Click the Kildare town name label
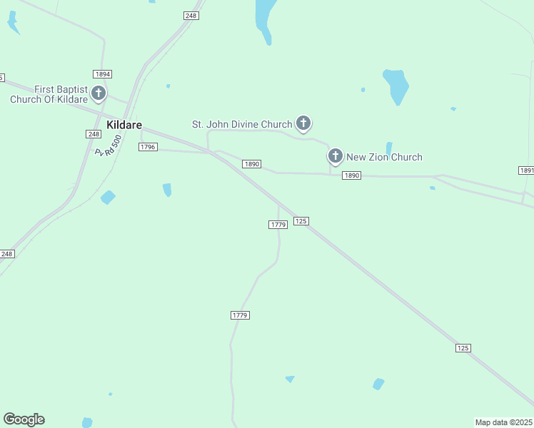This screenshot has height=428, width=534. pos(124,125)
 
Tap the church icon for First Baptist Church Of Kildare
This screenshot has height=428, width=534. pos(98,93)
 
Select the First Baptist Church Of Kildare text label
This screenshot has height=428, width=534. pos(49,94)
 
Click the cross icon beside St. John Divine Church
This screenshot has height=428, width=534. pos(303,124)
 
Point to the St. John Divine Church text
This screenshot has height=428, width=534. pos(242,124)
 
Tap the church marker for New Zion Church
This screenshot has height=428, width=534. pos(336,157)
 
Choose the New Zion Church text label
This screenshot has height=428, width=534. pos(384,157)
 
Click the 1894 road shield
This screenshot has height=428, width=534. pos(102,74)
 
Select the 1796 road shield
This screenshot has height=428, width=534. pos(148,146)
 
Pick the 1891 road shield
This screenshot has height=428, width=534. pos(526,170)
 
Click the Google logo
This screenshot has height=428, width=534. pos(24,419)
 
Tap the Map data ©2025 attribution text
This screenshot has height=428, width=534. pos(504,422)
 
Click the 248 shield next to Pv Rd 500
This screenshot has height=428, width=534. pos(94,134)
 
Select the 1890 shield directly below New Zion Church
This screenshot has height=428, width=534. pos(351,175)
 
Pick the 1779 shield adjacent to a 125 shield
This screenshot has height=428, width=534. pos(278,225)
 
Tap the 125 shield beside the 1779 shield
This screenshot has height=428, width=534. pos(301,221)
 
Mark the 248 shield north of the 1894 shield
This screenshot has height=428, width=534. pos(191,16)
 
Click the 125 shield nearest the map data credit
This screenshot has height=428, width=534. pos(463,347)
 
